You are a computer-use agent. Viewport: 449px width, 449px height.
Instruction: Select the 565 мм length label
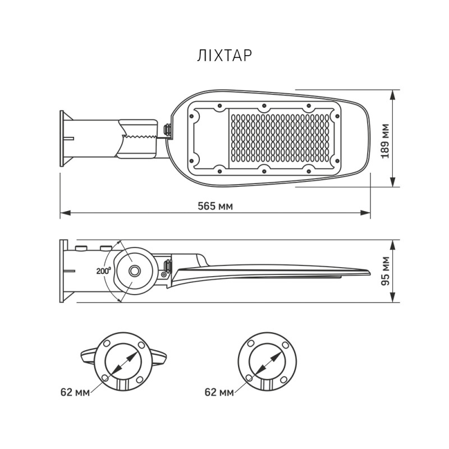coord(215,205)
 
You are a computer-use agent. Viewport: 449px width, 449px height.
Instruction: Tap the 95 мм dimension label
coord(386,272)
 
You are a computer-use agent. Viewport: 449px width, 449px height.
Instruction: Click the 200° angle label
coord(103,271)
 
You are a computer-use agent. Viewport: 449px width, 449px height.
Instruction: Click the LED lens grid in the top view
coord(281,138)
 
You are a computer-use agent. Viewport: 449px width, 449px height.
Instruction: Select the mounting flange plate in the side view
coord(63,271)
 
